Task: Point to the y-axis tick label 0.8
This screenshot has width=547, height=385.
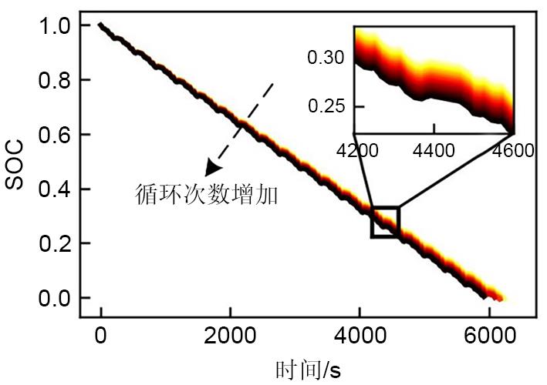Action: pyautogui.click(x=55, y=80)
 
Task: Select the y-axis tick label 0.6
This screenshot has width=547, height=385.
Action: pyautogui.click(x=55, y=135)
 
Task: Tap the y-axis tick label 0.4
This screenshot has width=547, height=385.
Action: pyautogui.click(x=55, y=189)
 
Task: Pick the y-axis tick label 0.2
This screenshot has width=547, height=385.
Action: pyautogui.click(x=55, y=243)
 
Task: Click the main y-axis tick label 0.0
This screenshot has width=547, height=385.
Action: pyautogui.click(x=55, y=298)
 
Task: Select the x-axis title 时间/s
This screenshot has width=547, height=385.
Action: pyautogui.click(x=308, y=370)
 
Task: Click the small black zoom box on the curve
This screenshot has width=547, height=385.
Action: pyautogui.click(x=385, y=222)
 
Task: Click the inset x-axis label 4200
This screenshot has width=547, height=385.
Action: pyautogui.click(x=356, y=150)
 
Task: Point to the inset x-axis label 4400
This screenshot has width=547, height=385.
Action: pyautogui.click(x=434, y=150)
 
